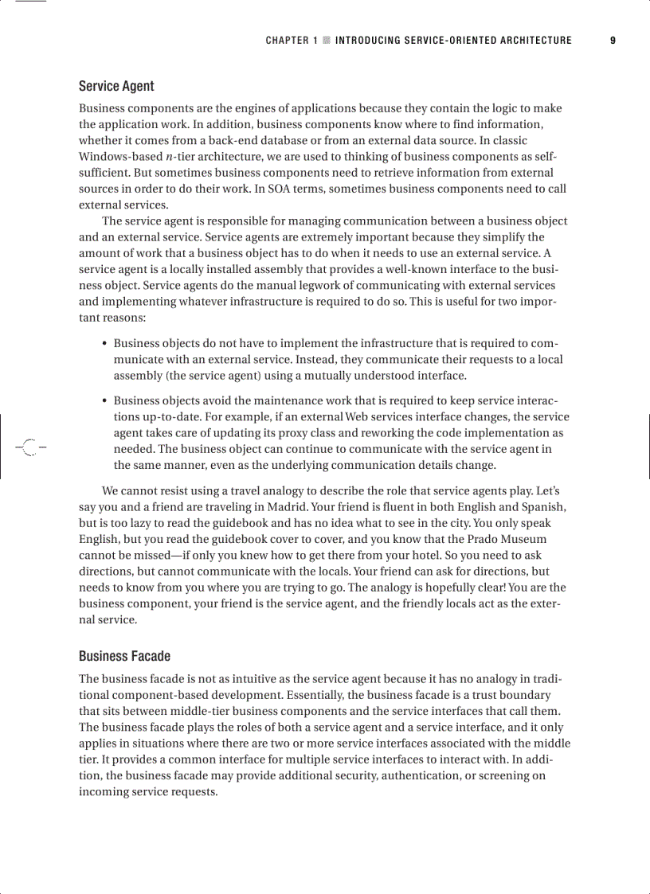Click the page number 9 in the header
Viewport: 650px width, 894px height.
613,41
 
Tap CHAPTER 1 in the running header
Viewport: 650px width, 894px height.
292,41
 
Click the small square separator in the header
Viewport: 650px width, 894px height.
327,41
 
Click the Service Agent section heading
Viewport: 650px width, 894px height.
116,86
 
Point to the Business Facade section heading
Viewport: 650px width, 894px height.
124,656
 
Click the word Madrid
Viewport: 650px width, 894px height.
335,506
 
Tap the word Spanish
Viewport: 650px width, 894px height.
544,506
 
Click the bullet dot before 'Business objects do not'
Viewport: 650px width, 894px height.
105,344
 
